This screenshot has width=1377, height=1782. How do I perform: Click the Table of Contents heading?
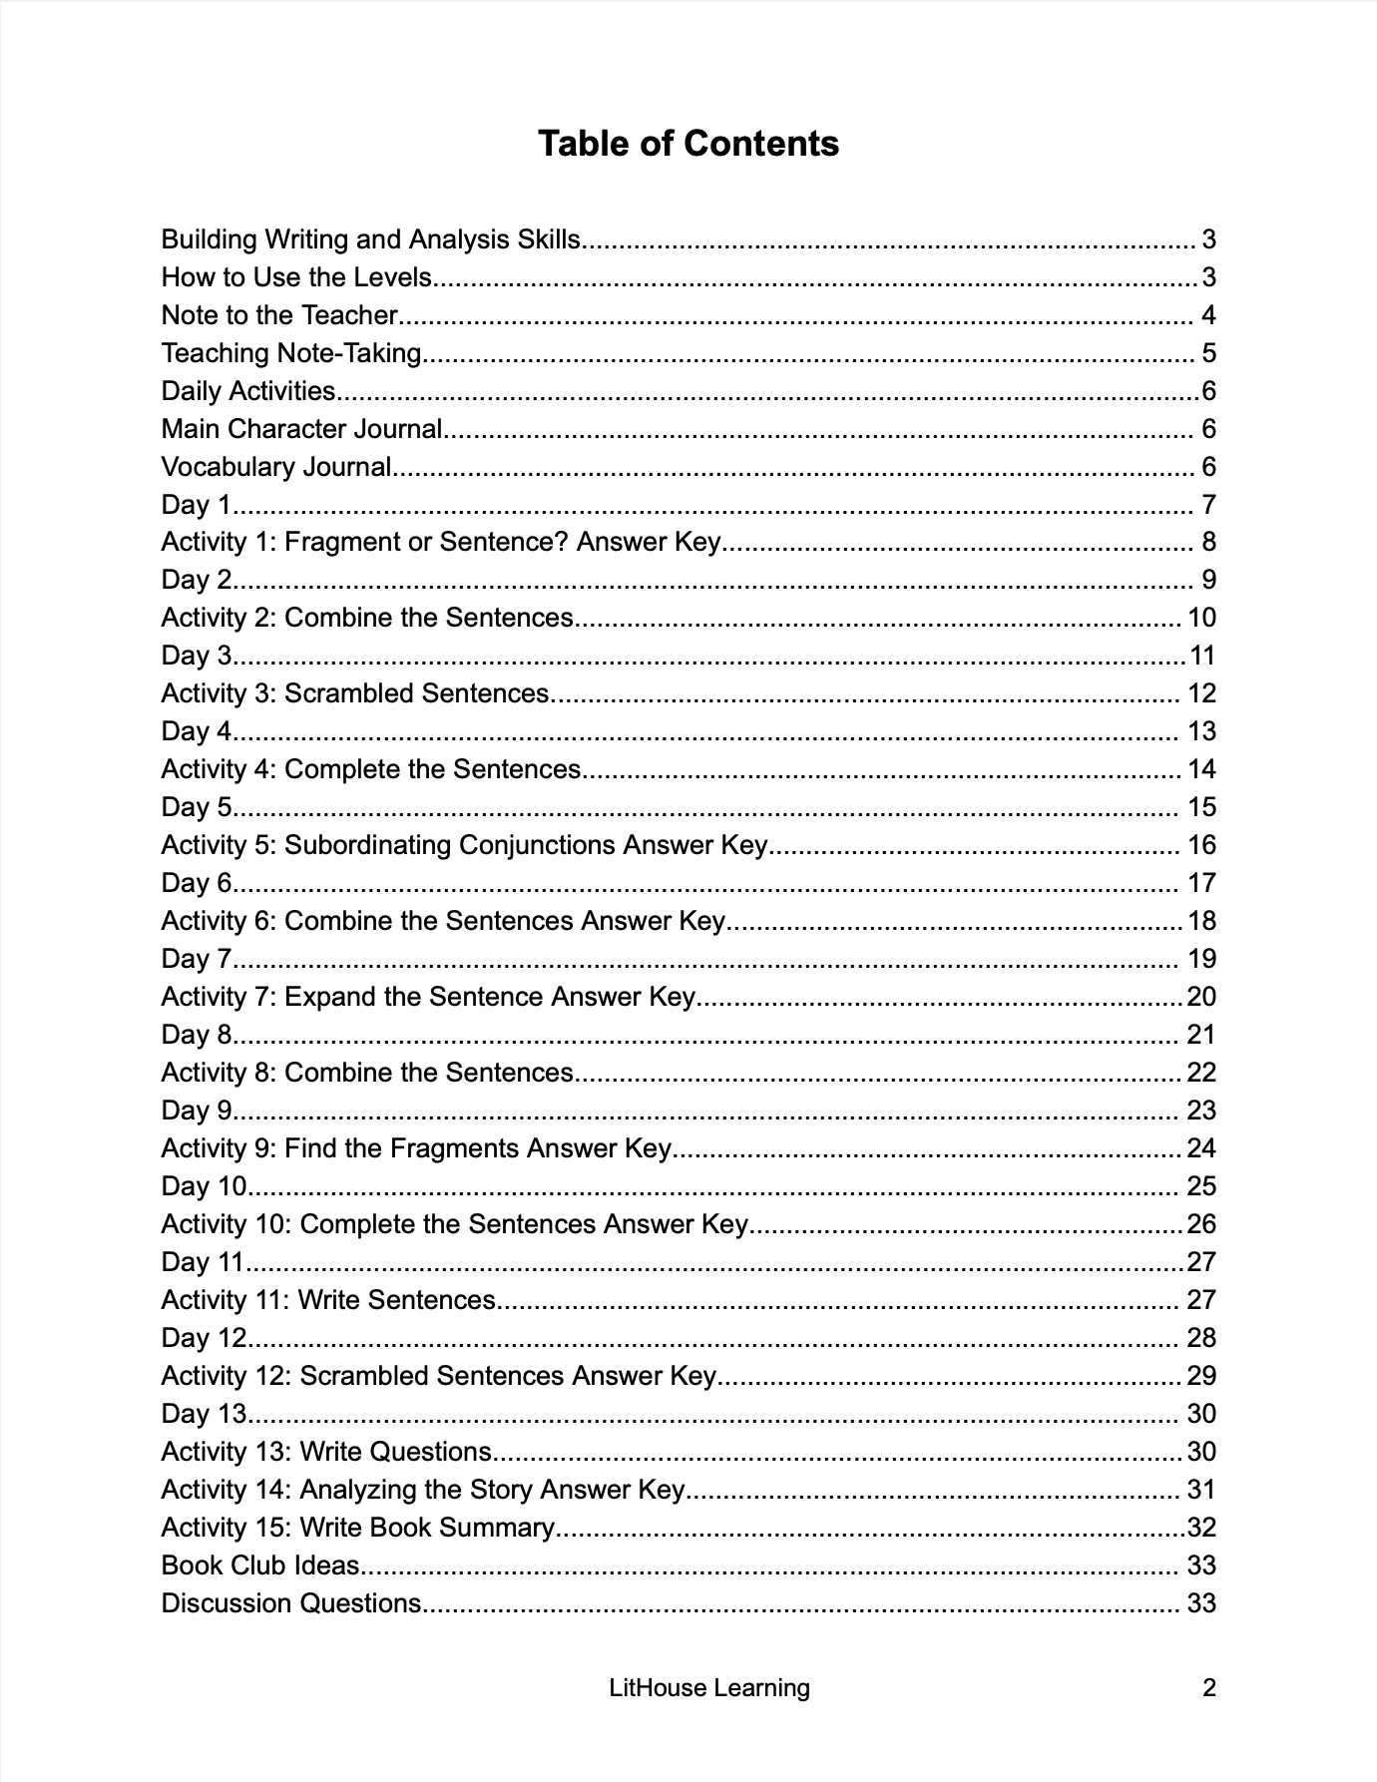(688, 144)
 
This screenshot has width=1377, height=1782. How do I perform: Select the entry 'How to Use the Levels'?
(296, 277)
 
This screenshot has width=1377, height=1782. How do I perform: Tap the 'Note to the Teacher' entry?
(279, 315)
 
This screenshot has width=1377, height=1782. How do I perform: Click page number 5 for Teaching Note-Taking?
(1208, 353)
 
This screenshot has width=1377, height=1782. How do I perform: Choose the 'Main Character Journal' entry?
(301, 429)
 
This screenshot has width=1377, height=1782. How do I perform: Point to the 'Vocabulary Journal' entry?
(276, 467)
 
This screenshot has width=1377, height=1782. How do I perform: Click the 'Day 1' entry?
(196, 505)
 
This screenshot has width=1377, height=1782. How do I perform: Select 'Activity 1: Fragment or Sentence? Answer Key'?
(440, 542)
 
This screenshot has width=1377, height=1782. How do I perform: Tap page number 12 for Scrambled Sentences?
(1201, 693)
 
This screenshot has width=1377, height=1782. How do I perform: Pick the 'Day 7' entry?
(196, 959)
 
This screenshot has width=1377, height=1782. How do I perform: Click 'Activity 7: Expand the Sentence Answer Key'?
(427, 997)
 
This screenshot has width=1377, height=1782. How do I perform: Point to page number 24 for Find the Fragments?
(1201, 1148)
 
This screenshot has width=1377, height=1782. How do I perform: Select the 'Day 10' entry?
(204, 1186)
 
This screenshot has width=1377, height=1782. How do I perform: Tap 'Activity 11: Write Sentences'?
(328, 1300)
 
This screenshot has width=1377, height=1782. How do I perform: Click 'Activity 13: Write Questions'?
(326, 1452)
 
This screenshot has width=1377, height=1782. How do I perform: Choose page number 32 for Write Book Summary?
(1201, 1528)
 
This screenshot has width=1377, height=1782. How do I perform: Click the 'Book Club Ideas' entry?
(260, 1565)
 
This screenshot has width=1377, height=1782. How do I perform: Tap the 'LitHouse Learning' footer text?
(709, 1688)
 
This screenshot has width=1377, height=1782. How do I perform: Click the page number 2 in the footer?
(1209, 1688)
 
